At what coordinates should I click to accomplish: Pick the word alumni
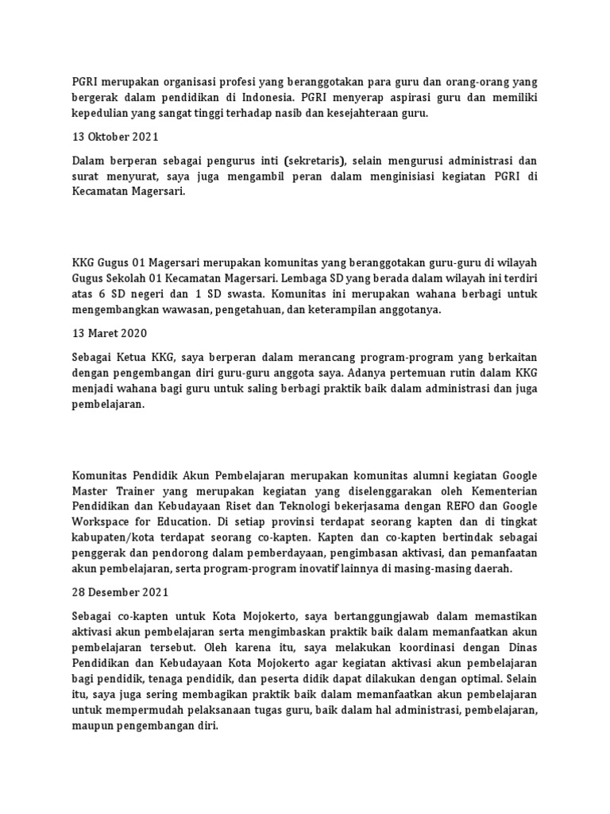396,475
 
